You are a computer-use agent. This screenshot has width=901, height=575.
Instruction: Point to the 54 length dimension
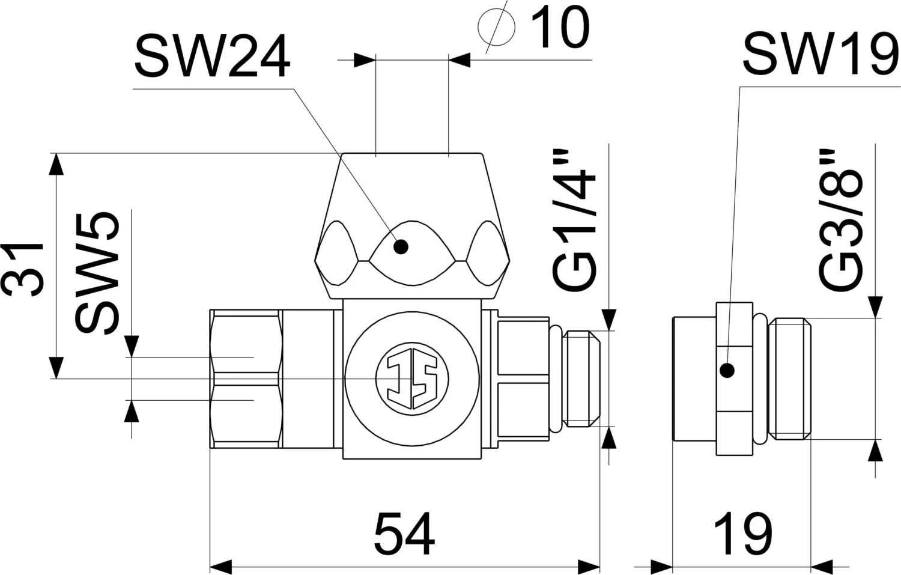point(404,534)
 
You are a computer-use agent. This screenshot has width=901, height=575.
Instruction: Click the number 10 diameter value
point(560,28)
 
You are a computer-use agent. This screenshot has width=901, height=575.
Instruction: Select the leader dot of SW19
point(727,371)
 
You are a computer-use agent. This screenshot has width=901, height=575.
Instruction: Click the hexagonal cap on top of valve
point(412,225)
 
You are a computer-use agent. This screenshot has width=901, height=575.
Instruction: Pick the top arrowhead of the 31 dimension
point(56,163)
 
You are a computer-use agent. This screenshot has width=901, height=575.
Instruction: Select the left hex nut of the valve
point(246,379)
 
